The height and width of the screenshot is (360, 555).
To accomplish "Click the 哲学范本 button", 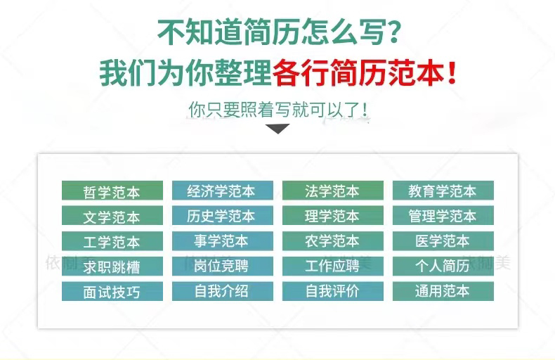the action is coord(112,191).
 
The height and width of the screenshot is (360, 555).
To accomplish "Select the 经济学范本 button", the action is coord(223,191).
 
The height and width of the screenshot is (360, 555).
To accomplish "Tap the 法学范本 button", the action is coord(333,191).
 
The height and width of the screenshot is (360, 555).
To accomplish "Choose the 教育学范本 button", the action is coord(443,191).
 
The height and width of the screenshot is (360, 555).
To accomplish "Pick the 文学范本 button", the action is coord(112,215).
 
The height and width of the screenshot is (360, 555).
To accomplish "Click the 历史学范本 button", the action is coord(223,215).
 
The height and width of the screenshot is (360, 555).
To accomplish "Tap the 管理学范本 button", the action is coord(443,215).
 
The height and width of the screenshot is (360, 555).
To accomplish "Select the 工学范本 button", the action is coord(112,241).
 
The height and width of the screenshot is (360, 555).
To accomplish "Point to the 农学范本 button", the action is coord(333,241).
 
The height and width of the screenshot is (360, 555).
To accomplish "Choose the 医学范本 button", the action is coord(443,241).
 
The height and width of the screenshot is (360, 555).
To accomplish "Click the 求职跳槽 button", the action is coord(112,266).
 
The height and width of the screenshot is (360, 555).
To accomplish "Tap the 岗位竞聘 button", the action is coord(223,266).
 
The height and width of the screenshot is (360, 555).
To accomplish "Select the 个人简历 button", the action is coord(443,266).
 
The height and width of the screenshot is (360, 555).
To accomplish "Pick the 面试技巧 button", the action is coord(112,291).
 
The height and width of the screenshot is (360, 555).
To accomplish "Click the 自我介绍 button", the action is coord(223,291).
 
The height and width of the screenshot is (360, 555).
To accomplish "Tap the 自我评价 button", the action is coord(333,291).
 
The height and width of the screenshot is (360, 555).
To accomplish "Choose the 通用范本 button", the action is coord(443,291).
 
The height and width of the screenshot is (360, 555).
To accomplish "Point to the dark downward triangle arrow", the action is coord(277,128).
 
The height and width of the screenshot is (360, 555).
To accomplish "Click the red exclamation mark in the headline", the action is coord(452,72).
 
